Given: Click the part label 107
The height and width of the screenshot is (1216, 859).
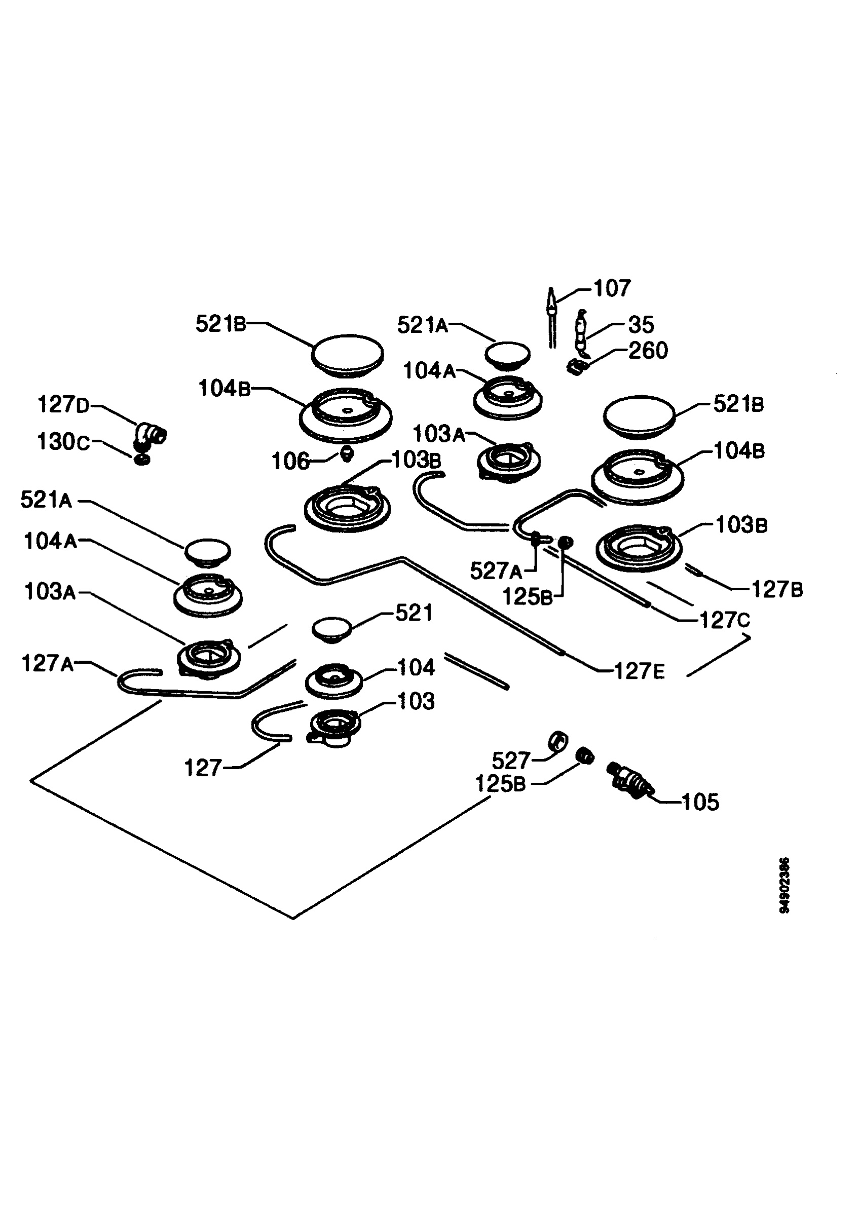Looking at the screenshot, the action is pos(612,289).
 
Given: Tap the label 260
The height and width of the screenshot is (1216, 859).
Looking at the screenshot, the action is pos(648,351).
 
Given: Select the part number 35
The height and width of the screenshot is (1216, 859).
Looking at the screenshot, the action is pos(642,325).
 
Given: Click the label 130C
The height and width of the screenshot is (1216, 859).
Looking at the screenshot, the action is pos(64,442).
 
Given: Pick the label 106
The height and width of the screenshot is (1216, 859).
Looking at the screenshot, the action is pos(291,462).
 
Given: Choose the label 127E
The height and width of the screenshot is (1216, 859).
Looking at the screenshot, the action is pos(639,671).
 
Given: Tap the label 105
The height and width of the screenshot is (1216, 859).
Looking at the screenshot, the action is pos(700,803).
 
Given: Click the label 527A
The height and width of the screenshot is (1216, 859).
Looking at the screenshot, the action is pos(496,571).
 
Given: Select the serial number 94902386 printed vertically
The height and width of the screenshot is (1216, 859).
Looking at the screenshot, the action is pos(785,885).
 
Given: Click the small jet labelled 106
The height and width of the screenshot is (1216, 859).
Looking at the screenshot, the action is pos(346,453).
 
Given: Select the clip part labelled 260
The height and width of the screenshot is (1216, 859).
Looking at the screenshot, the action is pos(576,366).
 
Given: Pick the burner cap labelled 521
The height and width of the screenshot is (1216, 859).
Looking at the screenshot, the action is pos(332,629).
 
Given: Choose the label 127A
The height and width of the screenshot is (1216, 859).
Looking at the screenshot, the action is pos(48,664).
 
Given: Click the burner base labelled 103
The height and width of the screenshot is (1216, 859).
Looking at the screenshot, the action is pos(334,730).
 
